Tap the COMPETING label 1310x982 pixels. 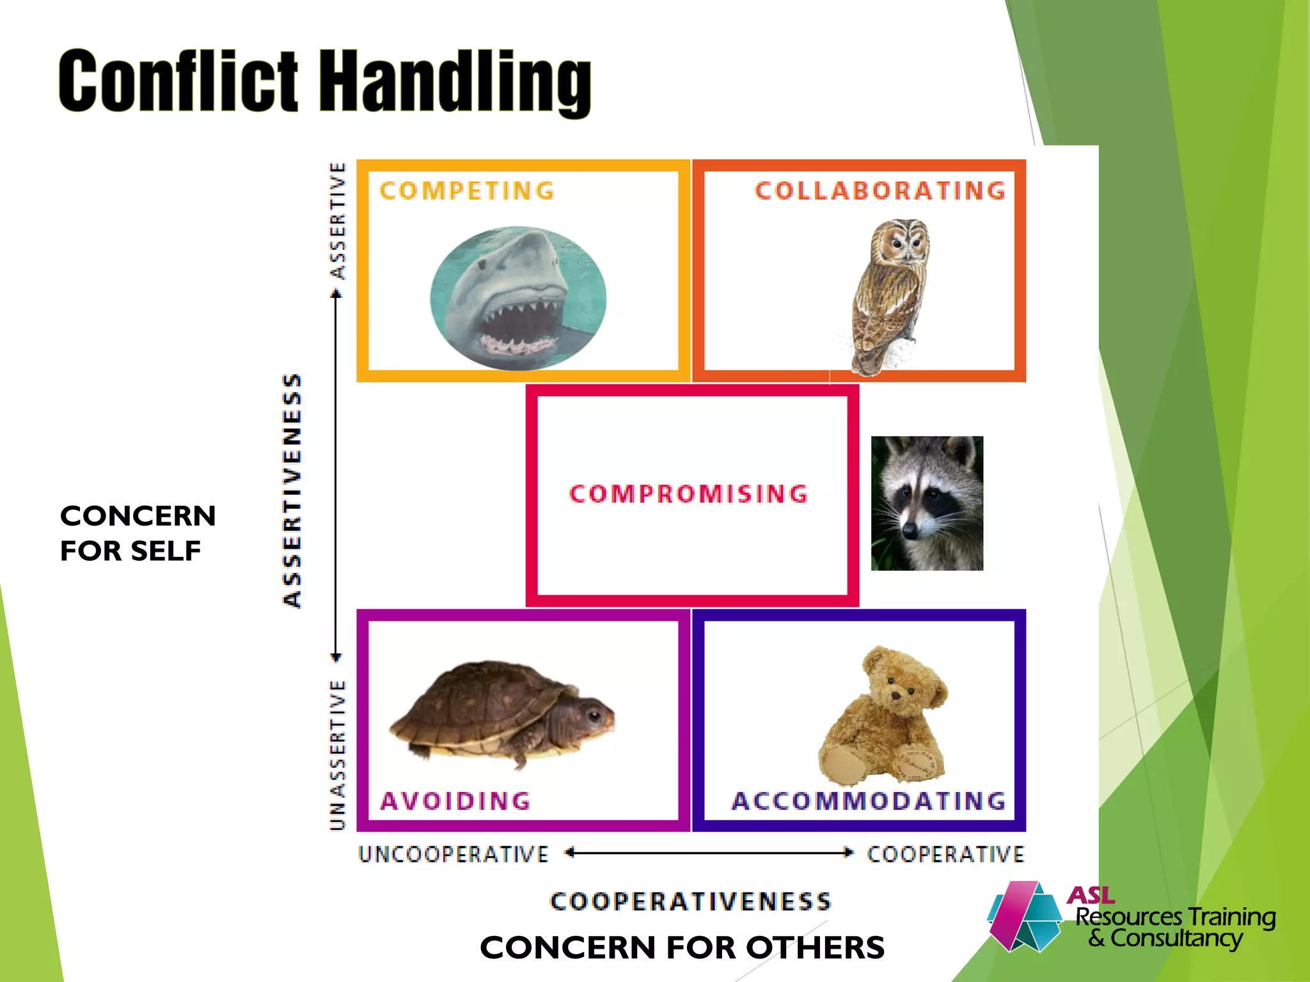coord(467,191)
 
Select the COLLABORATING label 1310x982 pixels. coord(880,191)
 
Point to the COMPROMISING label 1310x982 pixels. coord(689,494)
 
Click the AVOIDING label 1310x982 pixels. coord(455,801)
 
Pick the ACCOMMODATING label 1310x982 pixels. coord(869,801)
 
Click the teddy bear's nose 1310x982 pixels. coord(896,694)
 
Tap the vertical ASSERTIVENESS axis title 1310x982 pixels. coord(292,491)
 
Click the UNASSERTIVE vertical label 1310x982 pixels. coord(338,755)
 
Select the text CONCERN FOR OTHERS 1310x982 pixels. coord(682,947)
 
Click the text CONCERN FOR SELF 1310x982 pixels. coord(138,533)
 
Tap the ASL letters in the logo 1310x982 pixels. coord(1091,895)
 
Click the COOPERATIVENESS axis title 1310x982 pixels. coord(690,902)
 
